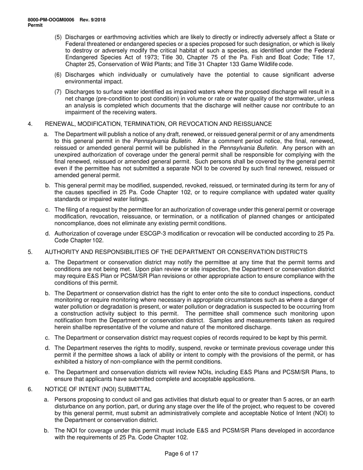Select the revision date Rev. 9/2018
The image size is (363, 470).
tap(93, 20)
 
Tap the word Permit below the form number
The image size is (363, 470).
tap(36, 25)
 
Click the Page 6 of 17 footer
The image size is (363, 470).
tap(181, 454)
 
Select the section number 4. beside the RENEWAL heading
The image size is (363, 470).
tap(30, 124)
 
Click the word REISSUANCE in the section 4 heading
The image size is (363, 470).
tap(253, 124)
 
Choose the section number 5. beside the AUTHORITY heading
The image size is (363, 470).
tap(30, 252)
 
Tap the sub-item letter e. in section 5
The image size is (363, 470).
tap(47, 372)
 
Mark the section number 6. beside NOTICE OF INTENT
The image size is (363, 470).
tap(30, 389)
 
